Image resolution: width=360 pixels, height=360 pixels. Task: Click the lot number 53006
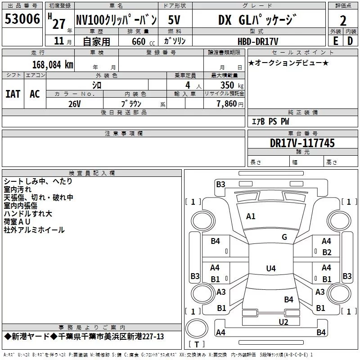(22, 19)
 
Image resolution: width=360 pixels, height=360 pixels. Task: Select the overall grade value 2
(343, 21)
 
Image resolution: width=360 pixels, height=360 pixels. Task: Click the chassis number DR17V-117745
(302, 144)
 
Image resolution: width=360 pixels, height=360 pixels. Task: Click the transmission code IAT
(13, 94)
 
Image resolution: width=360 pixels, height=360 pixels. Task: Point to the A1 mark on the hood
(251, 216)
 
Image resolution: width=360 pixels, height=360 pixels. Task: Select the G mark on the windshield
(284, 237)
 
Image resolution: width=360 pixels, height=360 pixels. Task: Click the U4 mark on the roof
(270, 269)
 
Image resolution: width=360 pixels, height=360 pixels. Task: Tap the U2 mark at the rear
(283, 322)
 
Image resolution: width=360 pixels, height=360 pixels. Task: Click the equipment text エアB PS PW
(270, 121)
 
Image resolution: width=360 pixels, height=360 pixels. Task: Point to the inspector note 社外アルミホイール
(34, 230)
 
